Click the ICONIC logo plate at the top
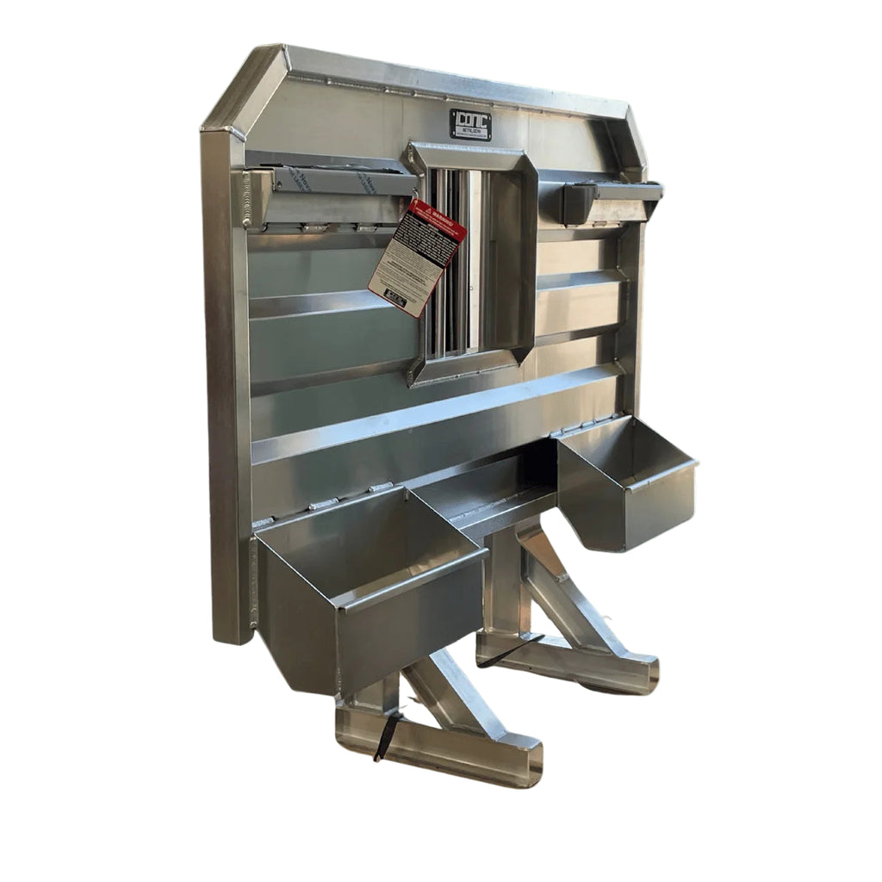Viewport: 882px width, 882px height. [469, 124]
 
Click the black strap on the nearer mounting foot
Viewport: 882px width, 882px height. [385, 737]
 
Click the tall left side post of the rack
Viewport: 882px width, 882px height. [226, 388]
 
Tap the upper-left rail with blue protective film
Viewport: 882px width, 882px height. [340, 181]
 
